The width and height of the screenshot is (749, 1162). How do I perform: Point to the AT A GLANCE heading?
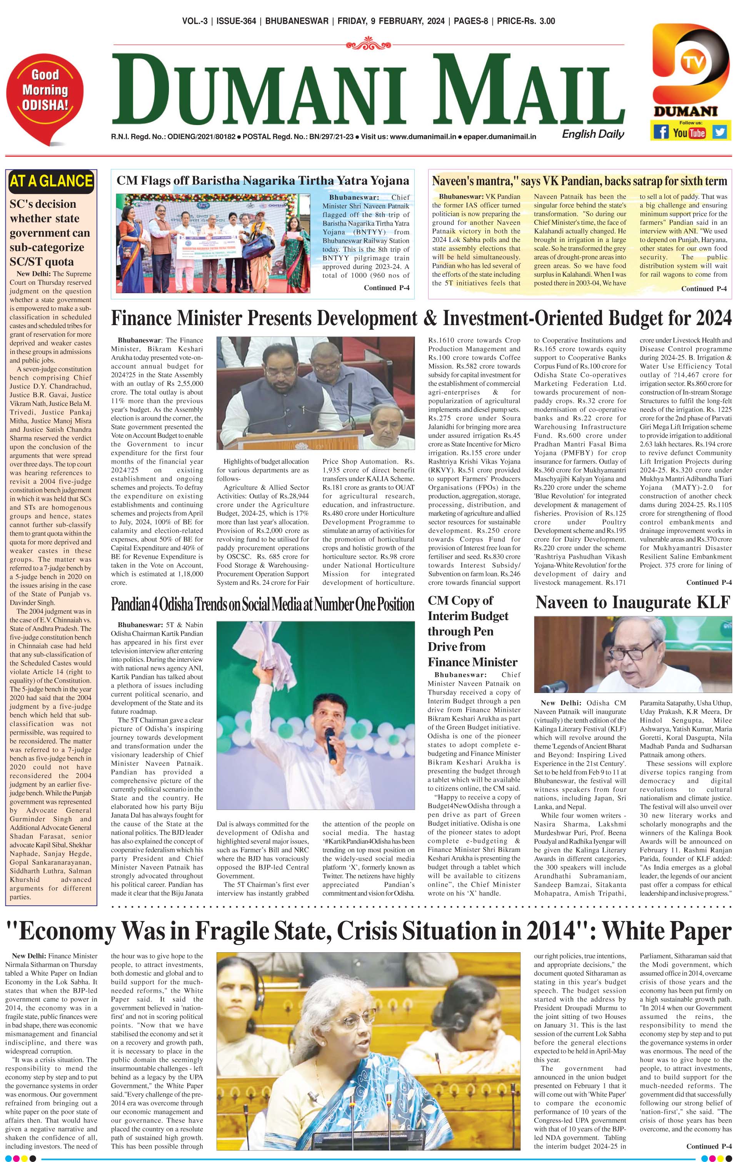(50, 182)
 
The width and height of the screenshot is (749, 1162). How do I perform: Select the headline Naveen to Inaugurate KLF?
(632, 603)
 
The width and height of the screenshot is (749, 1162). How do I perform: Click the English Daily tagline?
(593, 134)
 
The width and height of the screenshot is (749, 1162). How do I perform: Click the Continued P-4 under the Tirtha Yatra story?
(386, 287)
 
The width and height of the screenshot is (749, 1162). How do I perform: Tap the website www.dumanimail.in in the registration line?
(422, 137)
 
